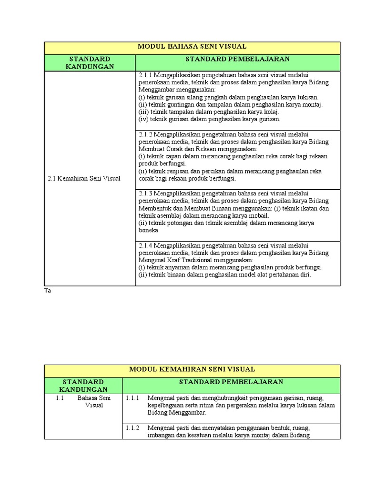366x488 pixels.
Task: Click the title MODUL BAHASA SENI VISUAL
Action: (192, 47)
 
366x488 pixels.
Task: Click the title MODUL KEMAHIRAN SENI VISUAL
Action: (192, 369)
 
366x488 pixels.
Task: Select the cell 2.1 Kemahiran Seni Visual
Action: (84, 179)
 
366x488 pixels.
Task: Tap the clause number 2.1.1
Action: (145, 75)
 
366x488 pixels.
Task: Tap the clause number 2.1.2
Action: (145, 134)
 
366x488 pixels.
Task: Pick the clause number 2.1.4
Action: (145, 245)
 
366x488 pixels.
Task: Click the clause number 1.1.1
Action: (132, 397)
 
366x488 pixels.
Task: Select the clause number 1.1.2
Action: (132, 427)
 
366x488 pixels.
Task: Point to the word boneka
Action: (148, 230)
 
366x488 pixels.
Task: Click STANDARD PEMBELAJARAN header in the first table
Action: (238, 59)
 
